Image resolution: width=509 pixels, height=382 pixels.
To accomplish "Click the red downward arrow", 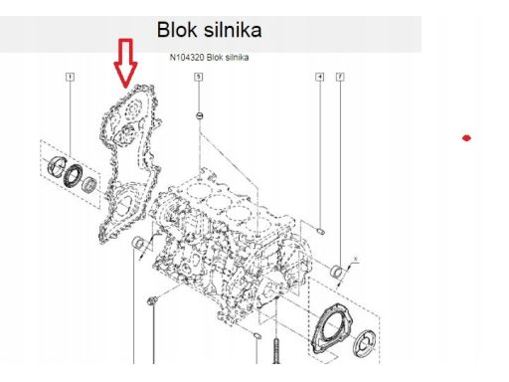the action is tap(125, 63).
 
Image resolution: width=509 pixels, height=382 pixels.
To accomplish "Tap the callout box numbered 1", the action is tap(70, 77).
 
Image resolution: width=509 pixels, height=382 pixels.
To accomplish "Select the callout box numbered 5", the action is tap(198, 77).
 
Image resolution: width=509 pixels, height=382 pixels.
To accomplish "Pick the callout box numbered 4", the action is tap(319, 77).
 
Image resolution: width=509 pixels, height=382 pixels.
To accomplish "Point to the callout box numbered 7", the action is tap(340, 77).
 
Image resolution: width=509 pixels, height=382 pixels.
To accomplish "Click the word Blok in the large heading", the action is tap(177, 30).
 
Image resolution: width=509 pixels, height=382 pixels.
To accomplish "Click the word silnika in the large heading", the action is tap(233, 30).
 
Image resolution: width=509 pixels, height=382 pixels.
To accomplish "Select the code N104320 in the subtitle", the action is tap(187, 58).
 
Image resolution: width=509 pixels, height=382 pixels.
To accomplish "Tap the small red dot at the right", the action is tap(466, 138).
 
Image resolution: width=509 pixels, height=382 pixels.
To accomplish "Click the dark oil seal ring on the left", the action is tap(73, 175).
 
